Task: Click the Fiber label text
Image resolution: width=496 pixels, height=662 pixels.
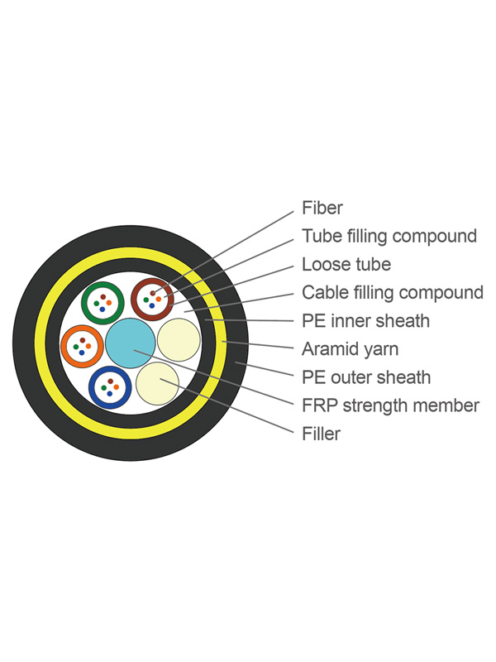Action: (x=322, y=208)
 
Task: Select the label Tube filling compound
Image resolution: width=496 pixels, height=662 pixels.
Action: (x=389, y=236)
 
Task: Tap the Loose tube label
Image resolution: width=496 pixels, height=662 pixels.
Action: (x=346, y=265)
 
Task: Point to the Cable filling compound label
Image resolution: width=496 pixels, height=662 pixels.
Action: (x=392, y=292)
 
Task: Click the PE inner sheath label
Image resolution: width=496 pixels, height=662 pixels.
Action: (x=365, y=320)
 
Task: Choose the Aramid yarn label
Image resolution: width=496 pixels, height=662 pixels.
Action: (x=350, y=348)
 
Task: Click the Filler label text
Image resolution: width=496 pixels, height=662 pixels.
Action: (x=321, y=434)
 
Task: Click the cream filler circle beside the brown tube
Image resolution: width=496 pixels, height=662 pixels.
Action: (x=179, y=340)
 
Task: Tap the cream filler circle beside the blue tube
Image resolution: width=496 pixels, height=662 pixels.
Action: (x=156, y=381)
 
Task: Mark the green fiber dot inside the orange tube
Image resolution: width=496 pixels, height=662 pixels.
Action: (x=77, y=343)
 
